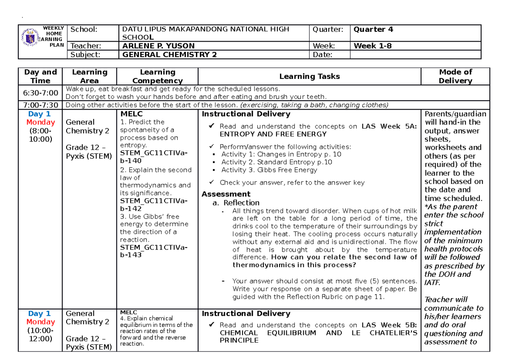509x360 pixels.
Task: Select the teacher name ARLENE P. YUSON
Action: pyautogui.click(x=159, y=46)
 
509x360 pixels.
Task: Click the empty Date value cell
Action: pyautogui.click(x=415, y=54)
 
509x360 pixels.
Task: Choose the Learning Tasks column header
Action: pyautogui.click(x=310, y=76)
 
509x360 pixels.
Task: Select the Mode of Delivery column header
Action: pyautogui.click(x=456, y=76)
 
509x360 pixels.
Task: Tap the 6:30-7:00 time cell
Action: pyautogui.click(x=41, y=93)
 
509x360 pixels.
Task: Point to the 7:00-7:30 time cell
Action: pyautogui.click(x=41, y=105)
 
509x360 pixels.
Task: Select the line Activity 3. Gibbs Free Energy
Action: pyautogui.click(x=269, y=170)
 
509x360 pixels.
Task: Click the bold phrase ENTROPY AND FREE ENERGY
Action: pyautogui.click(x=273, y=134)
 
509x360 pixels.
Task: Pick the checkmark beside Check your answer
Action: pyautogui.click(x=213, y=182)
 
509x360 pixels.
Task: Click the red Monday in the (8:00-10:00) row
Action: pyautogui.click(x=41, y=122)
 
